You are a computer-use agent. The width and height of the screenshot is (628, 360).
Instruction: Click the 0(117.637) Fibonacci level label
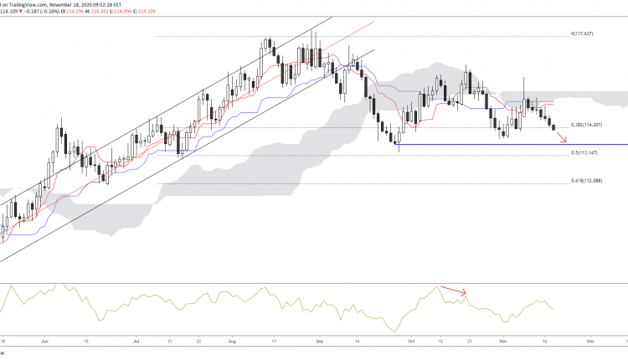(x=581, y=33)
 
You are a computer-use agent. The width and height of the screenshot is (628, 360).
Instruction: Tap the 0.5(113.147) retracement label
(x=583, y=153)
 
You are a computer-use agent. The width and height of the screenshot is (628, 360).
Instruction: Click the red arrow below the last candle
(x=562, y=136)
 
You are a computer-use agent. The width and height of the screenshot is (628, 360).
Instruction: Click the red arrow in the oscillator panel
(x=453, y=291)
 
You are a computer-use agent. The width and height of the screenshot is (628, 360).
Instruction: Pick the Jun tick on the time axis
(x=44, y=342)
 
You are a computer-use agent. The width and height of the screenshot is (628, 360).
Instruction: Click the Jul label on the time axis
(x=136, y=342)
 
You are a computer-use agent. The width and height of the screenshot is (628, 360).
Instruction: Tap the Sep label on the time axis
(x=320, y=342)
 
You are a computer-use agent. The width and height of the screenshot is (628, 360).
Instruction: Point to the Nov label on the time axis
(x=502, y=342)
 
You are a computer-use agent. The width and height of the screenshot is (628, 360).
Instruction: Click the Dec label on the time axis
(x=589, y=342)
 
